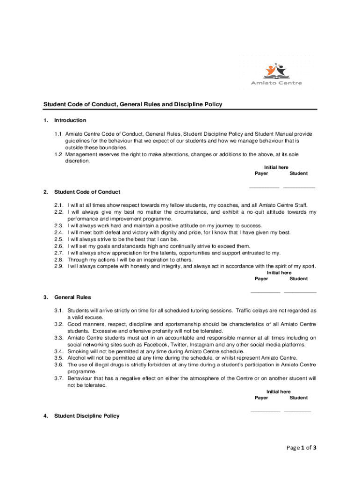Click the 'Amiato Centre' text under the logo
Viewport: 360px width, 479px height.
pyautogui.click(x=276, y=83)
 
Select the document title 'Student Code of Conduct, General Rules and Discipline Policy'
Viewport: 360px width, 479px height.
pyautogui.click(x=133, y=104)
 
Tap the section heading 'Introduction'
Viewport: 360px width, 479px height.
pyautogui.click(x=70, y=120)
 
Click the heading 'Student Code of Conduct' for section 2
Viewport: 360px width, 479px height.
pyautogui.click(x=87, y=192)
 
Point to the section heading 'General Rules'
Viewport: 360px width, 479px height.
pyautogui.click(x=72, y=297)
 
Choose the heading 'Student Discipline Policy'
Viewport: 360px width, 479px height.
pyautogui.click(x=87, y=416)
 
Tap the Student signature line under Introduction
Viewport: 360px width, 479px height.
pyautogui.click(x=299, y=187)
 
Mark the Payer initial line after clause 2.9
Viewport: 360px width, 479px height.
pyautogui.click(x=265, y=292)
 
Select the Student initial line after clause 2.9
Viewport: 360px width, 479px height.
pyautogui.click(x=300, y=292)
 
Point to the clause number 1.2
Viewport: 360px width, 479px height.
pyautogui.click(x=58, y=154)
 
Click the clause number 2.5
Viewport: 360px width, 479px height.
pyautogui.click(x=58, y=239)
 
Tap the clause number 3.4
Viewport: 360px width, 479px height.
pyautogui.click(x=58, y=351)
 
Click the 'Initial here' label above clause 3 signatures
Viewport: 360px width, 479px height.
pyautogui.click(x=279, y=392)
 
